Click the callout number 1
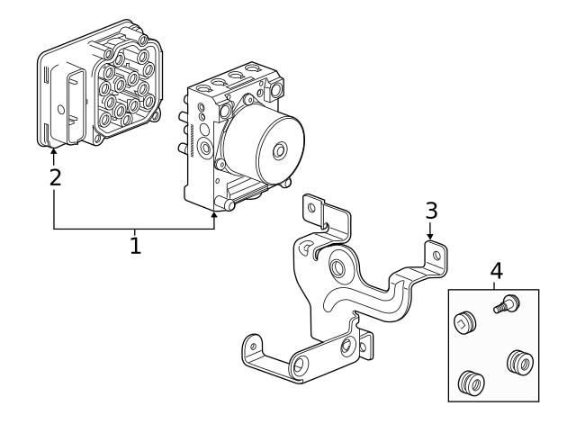135,244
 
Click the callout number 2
55,176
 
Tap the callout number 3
431,211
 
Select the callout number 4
496,270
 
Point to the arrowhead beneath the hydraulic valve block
214,213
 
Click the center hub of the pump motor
281,149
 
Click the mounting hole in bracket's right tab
437,256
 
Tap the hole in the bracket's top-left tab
312,208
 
